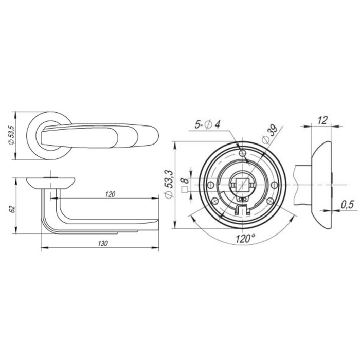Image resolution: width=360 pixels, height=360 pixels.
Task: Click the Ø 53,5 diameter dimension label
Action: coord(11,135)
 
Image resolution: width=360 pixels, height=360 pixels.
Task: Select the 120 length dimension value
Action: coord(110,194)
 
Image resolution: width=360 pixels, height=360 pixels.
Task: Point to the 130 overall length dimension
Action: coord(103,243)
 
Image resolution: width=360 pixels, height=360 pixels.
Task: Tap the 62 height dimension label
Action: coord(12,209)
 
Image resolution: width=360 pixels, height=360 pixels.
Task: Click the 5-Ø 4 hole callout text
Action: coord(207,124)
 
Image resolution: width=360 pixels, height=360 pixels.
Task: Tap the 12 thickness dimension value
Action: coord(322,120)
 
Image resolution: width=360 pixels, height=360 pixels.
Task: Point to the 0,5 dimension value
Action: coord(347,205)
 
